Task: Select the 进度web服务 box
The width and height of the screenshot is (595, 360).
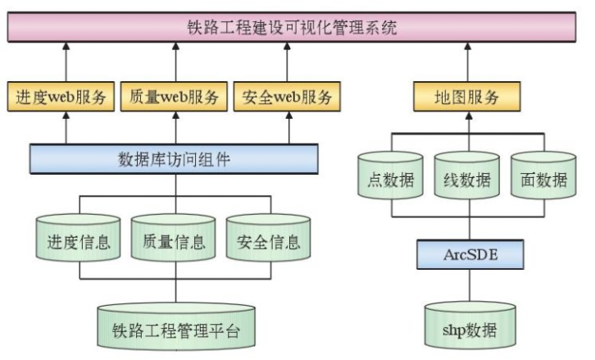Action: (61, 97)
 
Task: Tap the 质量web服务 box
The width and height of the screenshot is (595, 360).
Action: (175, 97)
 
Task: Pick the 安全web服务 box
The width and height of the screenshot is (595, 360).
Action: (287, 97)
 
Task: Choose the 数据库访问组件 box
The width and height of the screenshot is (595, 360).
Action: (174, 158)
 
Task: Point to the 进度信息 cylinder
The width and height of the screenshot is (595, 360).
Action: (74, 240)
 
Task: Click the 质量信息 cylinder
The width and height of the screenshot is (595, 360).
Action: (174, 240)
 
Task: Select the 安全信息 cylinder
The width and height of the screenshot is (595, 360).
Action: (269, 240)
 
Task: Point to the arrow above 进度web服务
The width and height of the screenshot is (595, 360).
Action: (61, 62)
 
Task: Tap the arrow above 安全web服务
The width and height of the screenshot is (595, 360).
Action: (287, 62)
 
